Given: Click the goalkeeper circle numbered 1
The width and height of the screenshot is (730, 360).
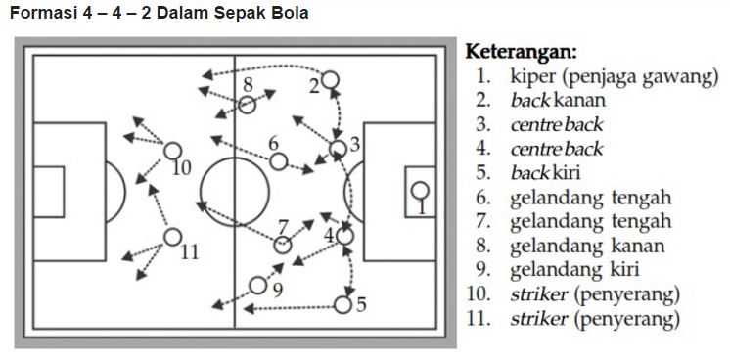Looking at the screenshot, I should pyautogui.click(x=419, y=191).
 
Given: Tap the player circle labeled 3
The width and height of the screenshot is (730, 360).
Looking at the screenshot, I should pyautogui.click(x=338, y=148).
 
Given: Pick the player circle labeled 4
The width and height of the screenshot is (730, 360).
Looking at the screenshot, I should pyautogui.click(x=344, y=235).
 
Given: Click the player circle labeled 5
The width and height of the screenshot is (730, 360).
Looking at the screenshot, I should pyautogui.click(x=342, y=304).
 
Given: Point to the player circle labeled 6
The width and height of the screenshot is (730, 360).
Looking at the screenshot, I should pyautogui.click(x=278, y=161).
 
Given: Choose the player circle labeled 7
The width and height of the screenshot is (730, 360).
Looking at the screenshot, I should pyautogui.click(x=282, y=245).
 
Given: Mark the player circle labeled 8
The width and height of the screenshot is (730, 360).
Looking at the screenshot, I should pyautogui.click(x=248, y=103).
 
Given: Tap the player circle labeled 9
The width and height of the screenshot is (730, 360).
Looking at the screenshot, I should pyautogui.click(x=258, y=286).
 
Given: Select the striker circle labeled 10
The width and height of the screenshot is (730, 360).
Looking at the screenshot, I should pyautogui.click(x=172, y=151).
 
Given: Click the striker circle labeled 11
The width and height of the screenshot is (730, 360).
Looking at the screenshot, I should pyautogui.click(x=172, y=236).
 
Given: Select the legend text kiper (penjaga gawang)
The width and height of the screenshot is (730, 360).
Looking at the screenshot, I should pyautogui.click(x=614, y=75).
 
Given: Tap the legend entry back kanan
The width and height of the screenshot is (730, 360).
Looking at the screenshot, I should pyautogui.click(x=557, y=100).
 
